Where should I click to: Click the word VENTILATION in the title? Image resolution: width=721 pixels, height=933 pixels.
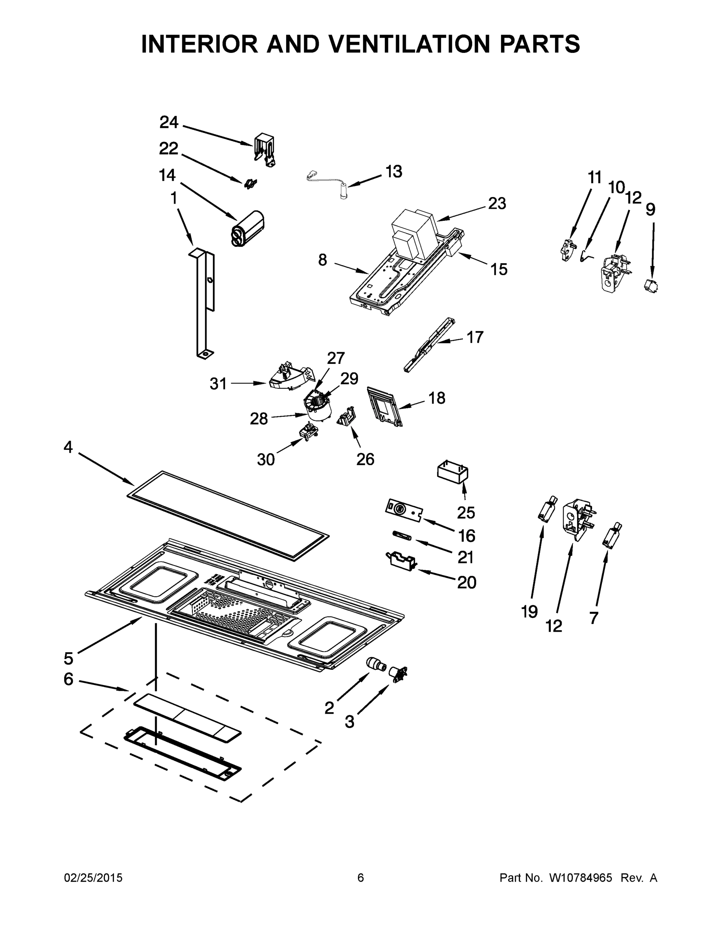(x=410, y=44)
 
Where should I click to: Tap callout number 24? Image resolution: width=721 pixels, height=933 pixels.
(x=169, y=122)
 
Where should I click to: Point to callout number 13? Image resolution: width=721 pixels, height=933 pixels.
(x=393, y=172)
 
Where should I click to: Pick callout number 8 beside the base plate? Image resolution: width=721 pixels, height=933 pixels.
(x=323, y=260)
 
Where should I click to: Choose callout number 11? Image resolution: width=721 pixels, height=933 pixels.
(x=595, y=177)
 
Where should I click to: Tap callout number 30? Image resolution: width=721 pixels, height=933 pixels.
(x=266, y=460)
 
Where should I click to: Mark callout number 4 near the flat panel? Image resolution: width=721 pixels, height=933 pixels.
(x=68, y=447)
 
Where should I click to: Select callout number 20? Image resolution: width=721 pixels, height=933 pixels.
(x=466, y=582)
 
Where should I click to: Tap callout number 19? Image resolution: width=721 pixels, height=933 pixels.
(x=529, y=612)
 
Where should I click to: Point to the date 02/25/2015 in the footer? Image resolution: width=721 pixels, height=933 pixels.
(x=93, y=878)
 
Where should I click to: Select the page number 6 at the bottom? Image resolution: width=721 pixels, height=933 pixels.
(x=361, y=878)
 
